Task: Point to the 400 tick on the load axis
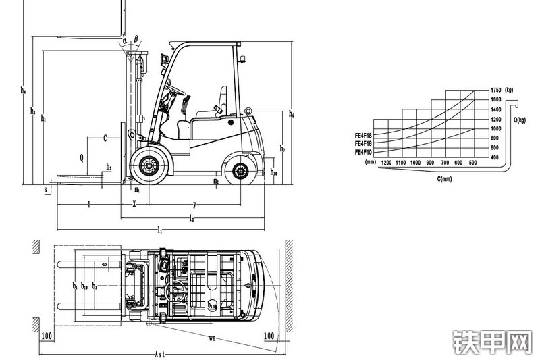[x=495, y=157]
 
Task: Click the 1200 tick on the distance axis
[x=386, y=163]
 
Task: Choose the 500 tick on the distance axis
[x=473, y=163]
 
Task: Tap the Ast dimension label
[x=160, y=353]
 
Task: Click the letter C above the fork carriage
[x=105, y=138]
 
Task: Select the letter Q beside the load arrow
[x=82, y=159]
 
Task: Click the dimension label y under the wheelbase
[x=195, y=203]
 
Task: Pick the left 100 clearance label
[x=47, y=335]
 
